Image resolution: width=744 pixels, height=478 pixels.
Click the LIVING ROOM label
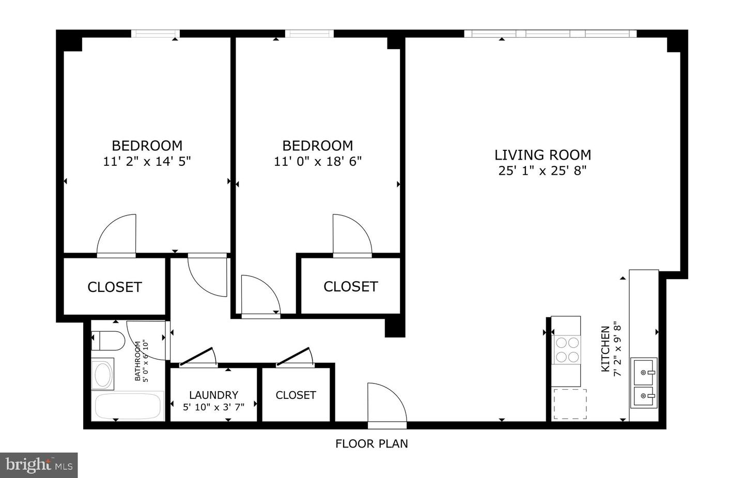pyautogui.click(x=542, y=155)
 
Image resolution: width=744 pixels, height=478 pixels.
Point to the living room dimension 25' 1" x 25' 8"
pyautogui.click(x=542, y=171)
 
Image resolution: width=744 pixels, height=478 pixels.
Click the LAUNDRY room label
pyautogui.click(x=213, y=395)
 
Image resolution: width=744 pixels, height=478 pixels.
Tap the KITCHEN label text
pyautogui.click(x=605, y=349)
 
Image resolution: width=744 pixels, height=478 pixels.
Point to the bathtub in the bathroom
pyautogui.click(x=128, y=407)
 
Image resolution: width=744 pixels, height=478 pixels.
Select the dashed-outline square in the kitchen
pyautogui.click(x=570, y=404)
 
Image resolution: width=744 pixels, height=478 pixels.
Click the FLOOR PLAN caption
pyautogui.click(x=371, y=443)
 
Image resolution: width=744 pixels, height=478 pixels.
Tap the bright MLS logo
pyautogui.click(x=39, y=465)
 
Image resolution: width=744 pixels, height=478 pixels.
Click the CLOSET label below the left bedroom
pyautogui.click(x=114, y=287)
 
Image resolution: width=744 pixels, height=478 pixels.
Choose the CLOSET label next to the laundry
pyautogui.click(x=296, y=395)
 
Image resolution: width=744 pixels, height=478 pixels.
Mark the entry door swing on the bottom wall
pyautogui.click(x=387, y=406)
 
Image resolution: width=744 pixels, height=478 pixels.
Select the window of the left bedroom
pyautogui.click(x=155, y=34)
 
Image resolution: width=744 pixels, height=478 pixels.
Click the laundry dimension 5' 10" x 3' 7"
pyautogui.click(x=213, y=407)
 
